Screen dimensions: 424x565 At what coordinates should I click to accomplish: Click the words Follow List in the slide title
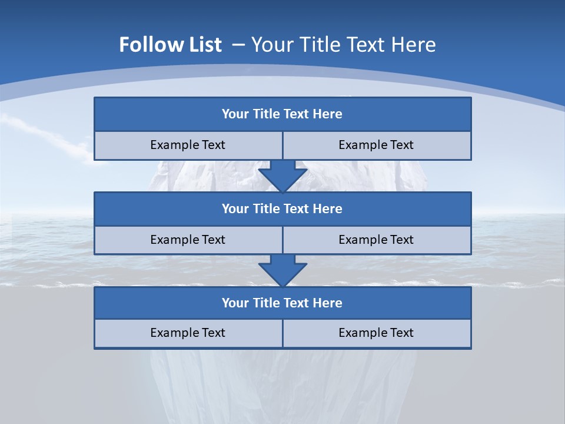tap(171, 45)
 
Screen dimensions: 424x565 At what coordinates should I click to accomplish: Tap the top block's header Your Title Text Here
tap(282, 114)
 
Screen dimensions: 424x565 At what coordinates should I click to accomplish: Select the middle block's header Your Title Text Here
tap(282, 208)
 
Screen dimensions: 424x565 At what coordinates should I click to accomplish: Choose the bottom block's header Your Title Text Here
tap(282, 303)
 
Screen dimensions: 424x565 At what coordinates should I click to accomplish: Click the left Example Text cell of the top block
tap(188, 145)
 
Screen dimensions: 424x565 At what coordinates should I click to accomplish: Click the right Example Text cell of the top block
tap(376, 145)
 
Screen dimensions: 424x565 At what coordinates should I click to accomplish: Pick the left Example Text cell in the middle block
tap(188, 240)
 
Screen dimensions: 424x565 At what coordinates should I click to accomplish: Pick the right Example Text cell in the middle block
tap(376, 240)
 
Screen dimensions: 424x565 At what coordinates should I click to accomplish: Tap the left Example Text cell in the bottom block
tap(188, 333)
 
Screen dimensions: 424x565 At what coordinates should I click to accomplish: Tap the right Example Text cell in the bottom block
tap(376, 333)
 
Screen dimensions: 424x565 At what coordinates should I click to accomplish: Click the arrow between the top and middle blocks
tap(282, 176)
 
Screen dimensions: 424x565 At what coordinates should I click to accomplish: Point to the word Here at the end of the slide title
tap(414, 45)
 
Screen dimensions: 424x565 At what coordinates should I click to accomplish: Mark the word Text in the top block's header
tap(297, 114)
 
